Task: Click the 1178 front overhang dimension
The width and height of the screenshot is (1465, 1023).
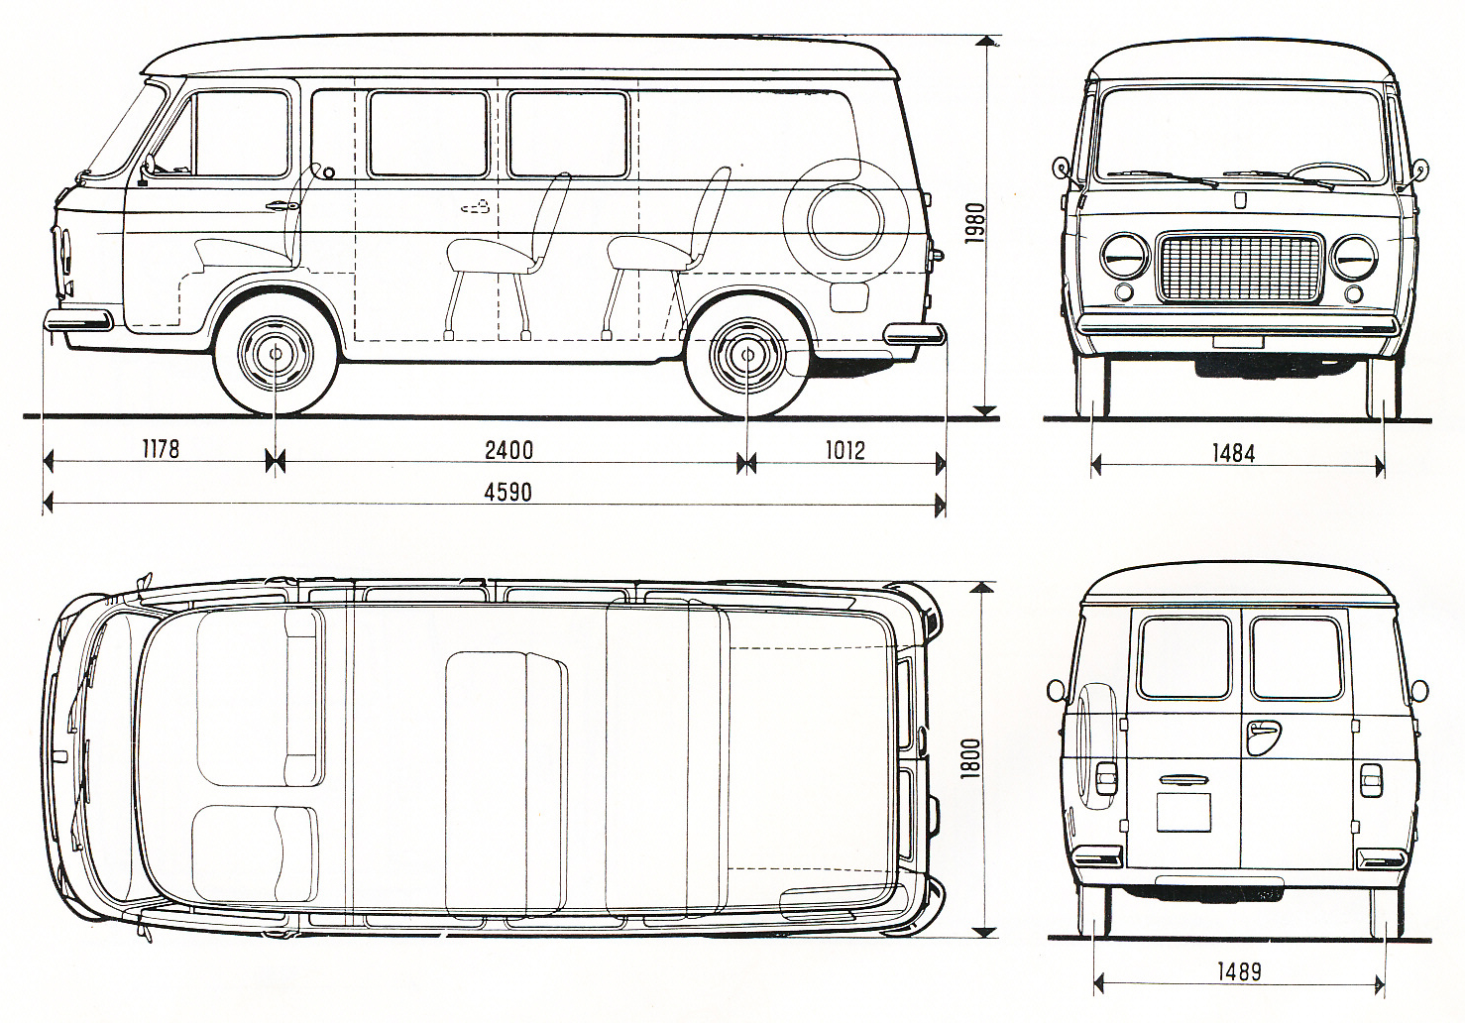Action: pos(160,449)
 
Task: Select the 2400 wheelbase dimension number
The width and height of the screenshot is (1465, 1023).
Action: pos(509,450)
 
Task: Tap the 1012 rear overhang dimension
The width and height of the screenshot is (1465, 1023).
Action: pos(845,450)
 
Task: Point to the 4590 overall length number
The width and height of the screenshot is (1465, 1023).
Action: pos(508,492)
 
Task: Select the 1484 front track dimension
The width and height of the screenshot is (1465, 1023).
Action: pos(1233,453)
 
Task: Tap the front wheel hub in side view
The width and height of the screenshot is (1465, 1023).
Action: pos(274,353)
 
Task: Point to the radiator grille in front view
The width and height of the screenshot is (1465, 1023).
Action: pos(1239,267)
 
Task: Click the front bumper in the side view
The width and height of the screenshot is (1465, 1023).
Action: pos(78,320)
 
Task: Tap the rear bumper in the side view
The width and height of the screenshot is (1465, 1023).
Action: pos(914,332)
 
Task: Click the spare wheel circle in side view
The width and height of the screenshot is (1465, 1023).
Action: pos(845,221)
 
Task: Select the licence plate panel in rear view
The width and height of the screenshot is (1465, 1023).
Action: pos(1183,810)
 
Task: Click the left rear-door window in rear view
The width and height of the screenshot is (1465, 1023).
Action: pos(1184,657)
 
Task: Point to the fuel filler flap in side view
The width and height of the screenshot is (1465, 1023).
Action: pos(847,295)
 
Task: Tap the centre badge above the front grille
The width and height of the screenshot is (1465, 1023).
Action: pos(1239,199)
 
